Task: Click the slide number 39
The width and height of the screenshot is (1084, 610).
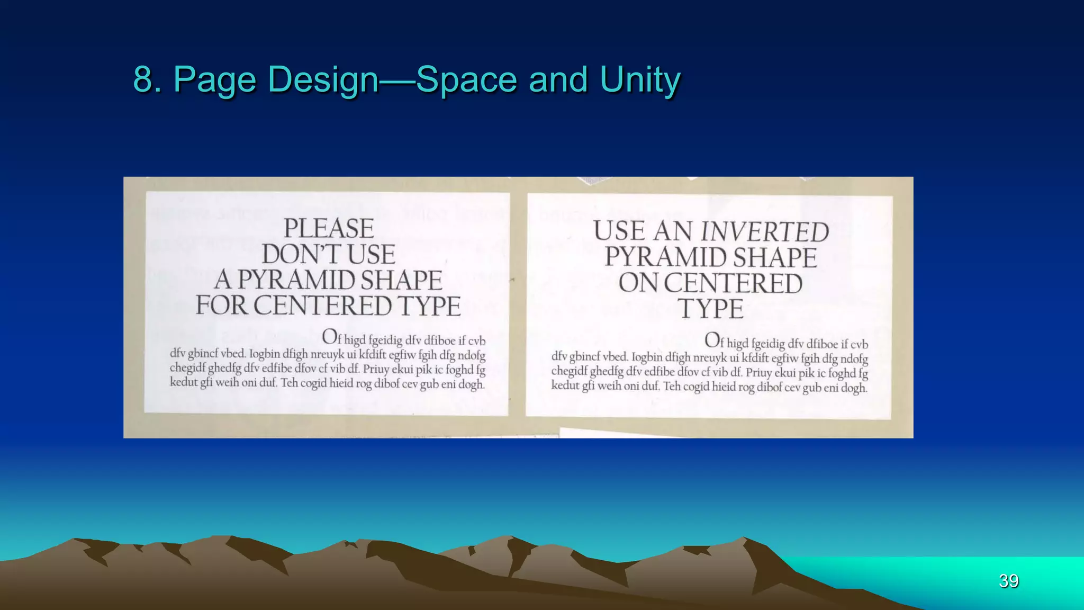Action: pyautogui.click(x=1008, y=581)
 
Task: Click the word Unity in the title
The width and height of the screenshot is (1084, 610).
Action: pyautogui.click(x=640, y=79)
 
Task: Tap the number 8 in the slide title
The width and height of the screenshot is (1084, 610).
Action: pyautogui.click(x=143, y=79)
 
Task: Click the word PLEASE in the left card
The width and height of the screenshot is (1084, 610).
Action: pyautogui.click(x=329, y=229)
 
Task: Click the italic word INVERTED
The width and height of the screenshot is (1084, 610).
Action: pyautogui.click(x=765, y=232)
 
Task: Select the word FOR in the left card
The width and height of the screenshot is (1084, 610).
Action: pyautogui.click(x=221, y=306)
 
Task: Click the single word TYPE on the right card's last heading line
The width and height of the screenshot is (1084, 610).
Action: pyautogui.click(x=711, y=309)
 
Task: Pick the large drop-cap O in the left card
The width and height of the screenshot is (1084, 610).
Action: pyautogui.click(x=330, y=336)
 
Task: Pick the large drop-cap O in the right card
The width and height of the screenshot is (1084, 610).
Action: pyautogui.click(x=712, y=339)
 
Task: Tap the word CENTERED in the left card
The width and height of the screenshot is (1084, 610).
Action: pyautogui.click(x=322, y=306)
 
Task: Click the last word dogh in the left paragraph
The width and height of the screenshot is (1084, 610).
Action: pyautogui.click(x=471, y=384)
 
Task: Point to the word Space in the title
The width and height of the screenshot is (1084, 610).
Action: pyautogui.click(x=466, y=79)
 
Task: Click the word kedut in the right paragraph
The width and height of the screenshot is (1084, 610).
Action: pyautogui.click(x=565, y=385)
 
